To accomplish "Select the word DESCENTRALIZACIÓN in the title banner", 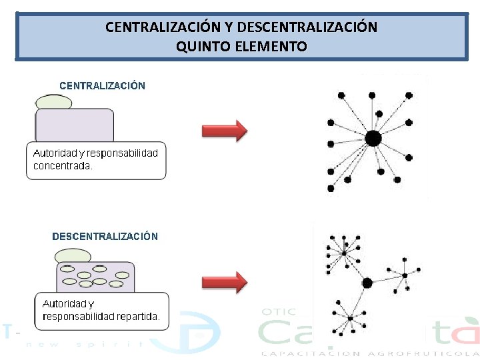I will coord(307,27).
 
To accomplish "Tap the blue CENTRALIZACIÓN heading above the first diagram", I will coord(102,86).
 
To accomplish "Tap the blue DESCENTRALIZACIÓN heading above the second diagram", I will coord(105,237).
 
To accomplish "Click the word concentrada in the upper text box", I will coord(63,166).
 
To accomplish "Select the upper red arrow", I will coord(224,130).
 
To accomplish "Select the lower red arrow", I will coord(224,281).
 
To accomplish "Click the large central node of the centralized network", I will coord(373,139).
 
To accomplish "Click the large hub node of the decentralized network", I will coord(367,283).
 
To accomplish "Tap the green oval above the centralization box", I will coord(53,101).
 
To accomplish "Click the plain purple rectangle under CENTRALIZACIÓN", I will coord(74,125).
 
